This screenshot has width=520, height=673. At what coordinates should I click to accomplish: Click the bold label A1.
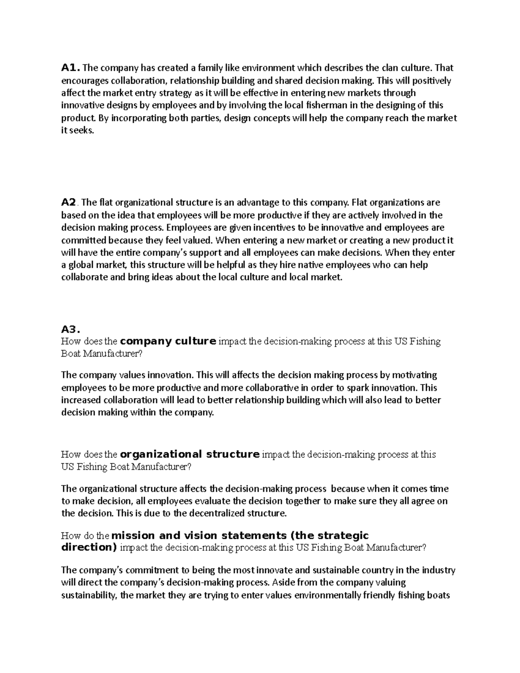[70, 68]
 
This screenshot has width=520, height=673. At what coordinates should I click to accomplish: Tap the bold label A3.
[71, 329]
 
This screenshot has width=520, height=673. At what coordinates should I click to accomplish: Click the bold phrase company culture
[168, 341]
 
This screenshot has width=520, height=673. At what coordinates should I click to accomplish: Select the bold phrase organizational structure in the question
[190, 454]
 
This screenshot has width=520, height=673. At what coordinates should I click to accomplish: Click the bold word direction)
[89, 547]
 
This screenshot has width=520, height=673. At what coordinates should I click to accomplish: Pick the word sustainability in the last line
[89, 595]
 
